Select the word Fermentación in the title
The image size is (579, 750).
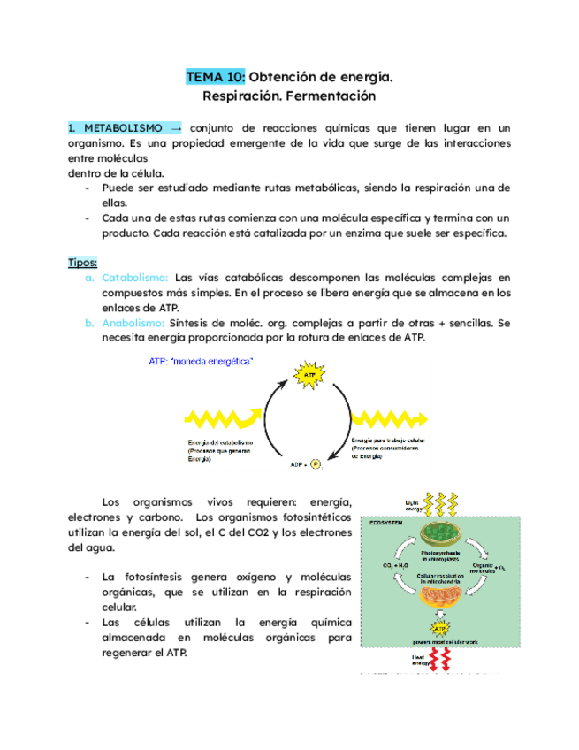[332, 96]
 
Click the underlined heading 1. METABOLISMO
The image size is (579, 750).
[114, 128]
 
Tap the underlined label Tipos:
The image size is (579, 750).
[82, 263]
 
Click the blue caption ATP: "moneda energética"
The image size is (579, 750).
[202, 361]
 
